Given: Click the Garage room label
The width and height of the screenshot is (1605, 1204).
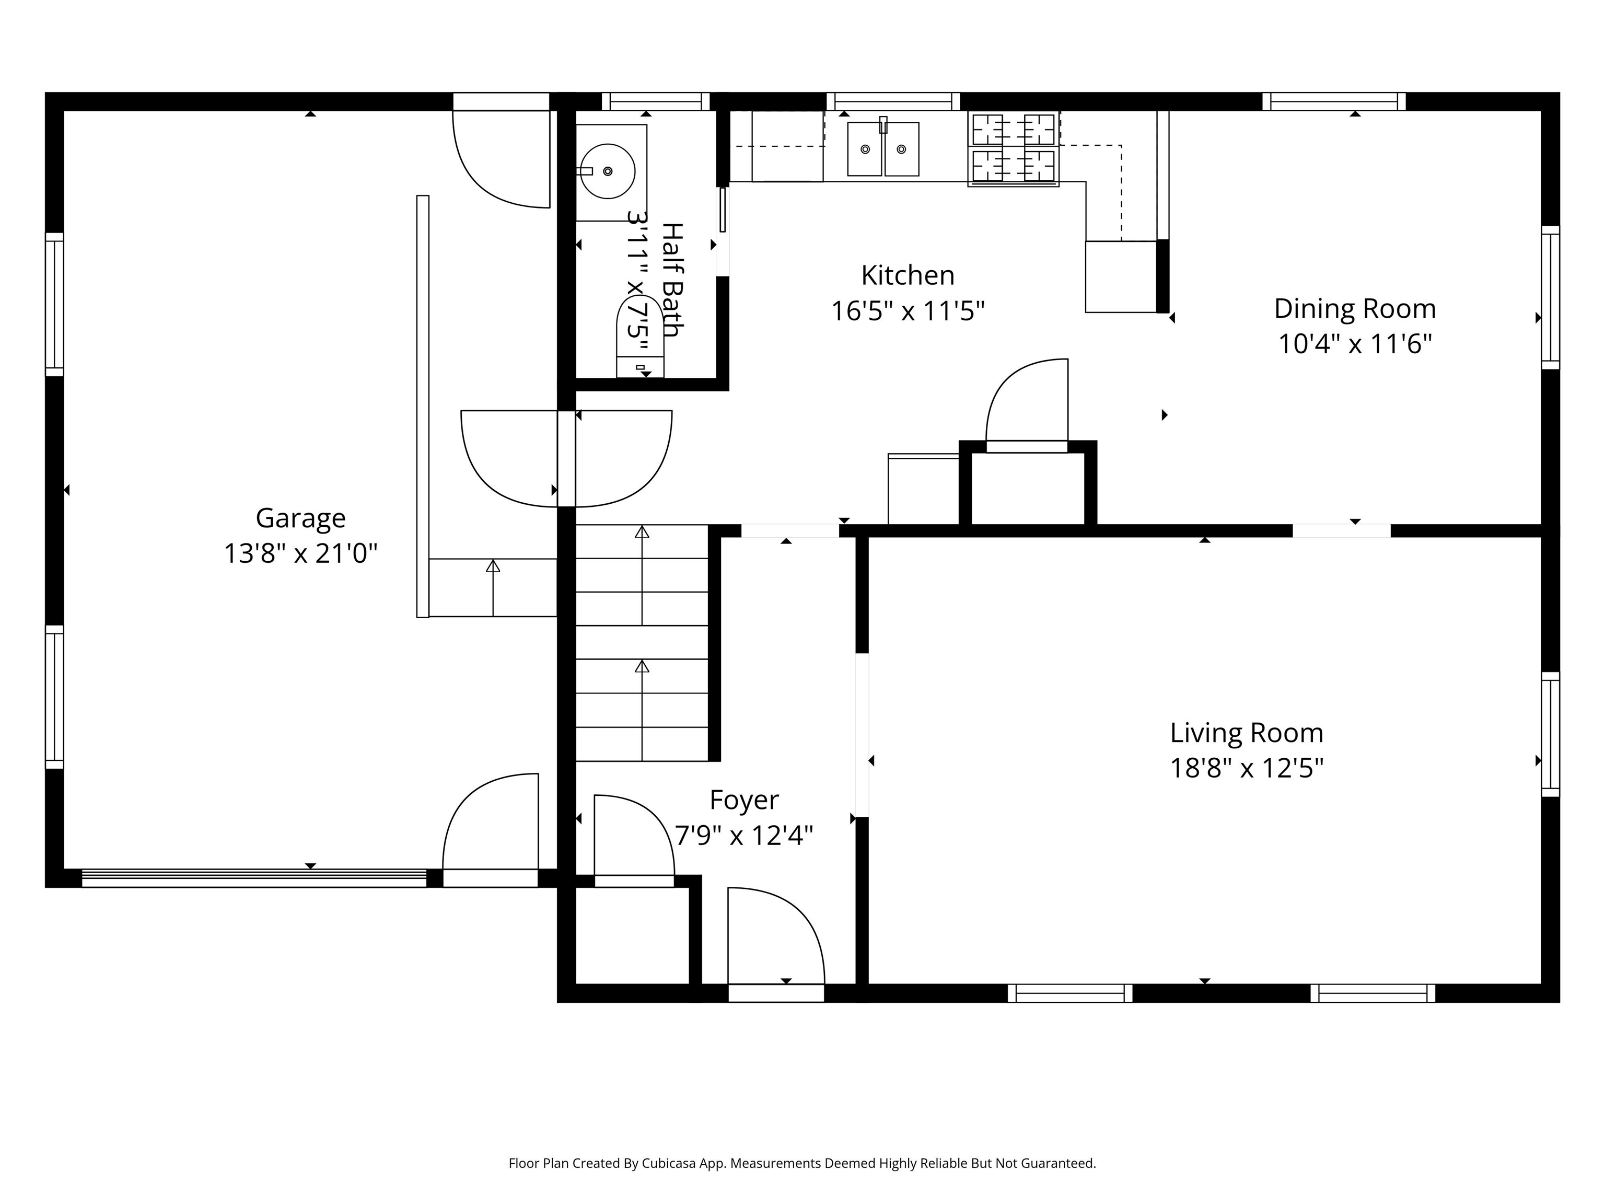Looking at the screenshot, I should [x=300, y=518].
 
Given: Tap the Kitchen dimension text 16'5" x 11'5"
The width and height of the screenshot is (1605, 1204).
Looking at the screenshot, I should [x=907, y=311].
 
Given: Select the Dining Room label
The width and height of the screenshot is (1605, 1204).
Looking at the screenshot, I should [x=1355, y=308].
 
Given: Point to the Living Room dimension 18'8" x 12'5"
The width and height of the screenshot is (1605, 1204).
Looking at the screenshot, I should [x=1247, y=768].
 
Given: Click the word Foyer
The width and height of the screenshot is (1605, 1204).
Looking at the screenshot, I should [x=744, y=800].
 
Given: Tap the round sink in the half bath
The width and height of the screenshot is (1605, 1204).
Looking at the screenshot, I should [x=608, y=171].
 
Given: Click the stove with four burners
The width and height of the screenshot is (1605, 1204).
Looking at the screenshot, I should [x=1013, y=149].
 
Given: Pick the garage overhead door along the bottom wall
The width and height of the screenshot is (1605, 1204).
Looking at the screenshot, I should [x=254, y=878].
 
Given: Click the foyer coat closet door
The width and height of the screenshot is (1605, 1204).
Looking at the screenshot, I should [x=633, y=838].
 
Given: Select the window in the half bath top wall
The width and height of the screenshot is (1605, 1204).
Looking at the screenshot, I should [x=655, y=101].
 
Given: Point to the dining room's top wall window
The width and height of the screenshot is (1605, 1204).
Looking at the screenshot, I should [x=1334, y=101].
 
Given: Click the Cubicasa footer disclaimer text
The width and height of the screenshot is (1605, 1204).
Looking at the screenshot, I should [x=802, y=1163].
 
